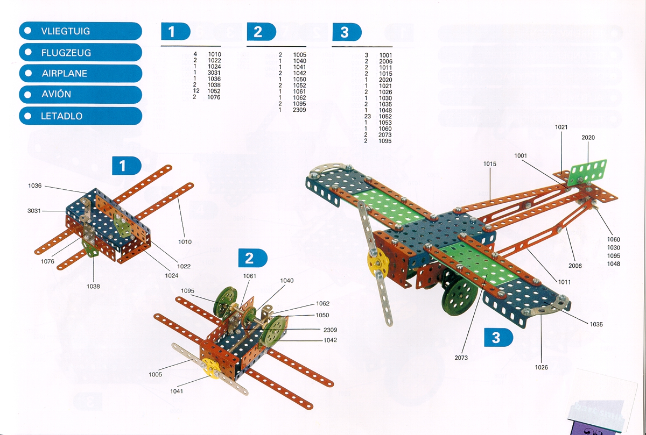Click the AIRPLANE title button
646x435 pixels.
tap(80, 74)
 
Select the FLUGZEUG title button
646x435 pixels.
tap(80, 53)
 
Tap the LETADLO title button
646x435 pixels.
tap(80, 116)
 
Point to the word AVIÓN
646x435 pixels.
tap(56, 95)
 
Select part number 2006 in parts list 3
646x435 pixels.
tap(385, 62)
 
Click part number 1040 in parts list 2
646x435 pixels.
tap(300, 61)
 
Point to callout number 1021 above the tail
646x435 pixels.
tap(561, 127)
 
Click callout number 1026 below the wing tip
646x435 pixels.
tap(542, 367)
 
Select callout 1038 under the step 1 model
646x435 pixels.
tap(93, 286)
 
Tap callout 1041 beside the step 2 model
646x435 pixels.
tap(177, 391)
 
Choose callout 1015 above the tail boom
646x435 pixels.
tap(490, 163)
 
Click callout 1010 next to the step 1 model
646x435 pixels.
tap(185, 242)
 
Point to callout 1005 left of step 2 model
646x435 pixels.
tap(156, 374)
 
